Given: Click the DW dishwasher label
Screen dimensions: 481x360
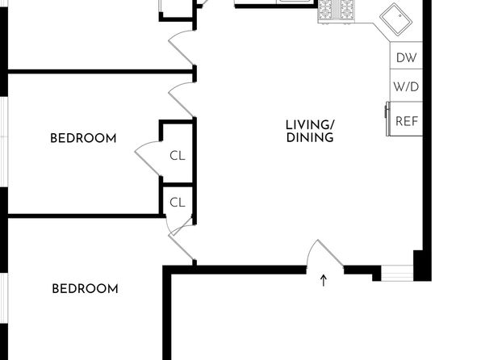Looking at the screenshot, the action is coord(407,57).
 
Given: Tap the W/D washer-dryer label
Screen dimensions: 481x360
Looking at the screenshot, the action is coord(406,87).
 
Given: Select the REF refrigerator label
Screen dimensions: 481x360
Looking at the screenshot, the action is coord(407,121).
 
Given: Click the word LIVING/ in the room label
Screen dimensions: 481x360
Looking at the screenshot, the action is coord(310,125).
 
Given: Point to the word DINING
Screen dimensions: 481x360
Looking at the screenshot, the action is coord(310,137).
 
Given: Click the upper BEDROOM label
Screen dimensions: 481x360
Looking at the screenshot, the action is coord(83,138).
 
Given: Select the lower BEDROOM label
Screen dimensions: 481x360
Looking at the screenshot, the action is coord(85,289).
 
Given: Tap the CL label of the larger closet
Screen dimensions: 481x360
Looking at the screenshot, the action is coord(178,156).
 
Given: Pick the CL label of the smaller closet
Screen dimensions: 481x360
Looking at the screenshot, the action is coord(178,203).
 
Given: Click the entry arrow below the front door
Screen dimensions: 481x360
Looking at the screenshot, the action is coord(324,281).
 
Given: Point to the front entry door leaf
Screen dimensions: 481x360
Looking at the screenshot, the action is coord(330,253).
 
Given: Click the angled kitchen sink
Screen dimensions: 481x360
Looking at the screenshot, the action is coord(395,19).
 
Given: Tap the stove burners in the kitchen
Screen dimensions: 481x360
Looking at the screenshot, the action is coord(336,11).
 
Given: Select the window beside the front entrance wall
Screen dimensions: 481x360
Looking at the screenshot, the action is coord(397,273).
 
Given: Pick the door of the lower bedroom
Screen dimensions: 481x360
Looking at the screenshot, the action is coord(181,247).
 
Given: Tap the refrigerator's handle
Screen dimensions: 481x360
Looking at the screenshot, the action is coord(387,111).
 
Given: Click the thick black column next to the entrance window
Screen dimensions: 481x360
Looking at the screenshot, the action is coord(422,266).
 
